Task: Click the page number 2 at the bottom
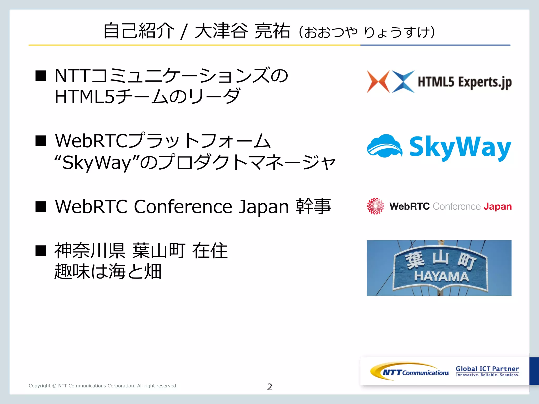pos(269,387)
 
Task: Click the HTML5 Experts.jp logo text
pos(465,82)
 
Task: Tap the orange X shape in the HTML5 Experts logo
pos(378,82)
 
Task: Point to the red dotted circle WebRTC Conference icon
pos(376,206)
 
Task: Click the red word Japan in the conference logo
pos(497,206)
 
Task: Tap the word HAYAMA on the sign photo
pos(441,277)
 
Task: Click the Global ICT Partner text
pos(487,369)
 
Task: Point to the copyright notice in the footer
pos(103,386)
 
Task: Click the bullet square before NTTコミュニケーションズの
pos(41,76)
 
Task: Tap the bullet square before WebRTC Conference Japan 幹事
pos(41,206)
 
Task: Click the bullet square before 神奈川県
pos(41,250)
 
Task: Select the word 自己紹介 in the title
pos(139,31)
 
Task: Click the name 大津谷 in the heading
pos(221,31)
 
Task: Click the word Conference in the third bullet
pos(183,207)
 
